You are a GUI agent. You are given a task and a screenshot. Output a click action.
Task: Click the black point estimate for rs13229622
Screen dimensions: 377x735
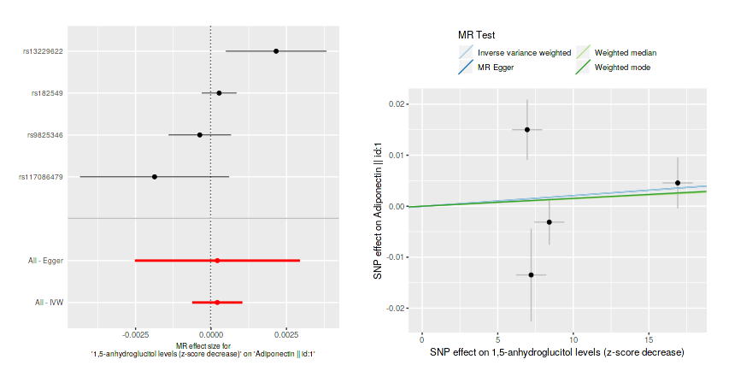pyautogui.click(x=276, y=51)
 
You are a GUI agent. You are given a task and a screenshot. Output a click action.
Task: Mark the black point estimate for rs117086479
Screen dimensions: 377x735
pyautogui.click(x=155, y=177)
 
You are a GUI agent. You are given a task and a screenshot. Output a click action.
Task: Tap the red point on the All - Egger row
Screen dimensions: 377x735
pyautogui.click(x=217, y=261)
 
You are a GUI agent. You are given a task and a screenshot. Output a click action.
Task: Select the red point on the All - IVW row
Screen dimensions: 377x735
pyautogui.click(x=217, y=303)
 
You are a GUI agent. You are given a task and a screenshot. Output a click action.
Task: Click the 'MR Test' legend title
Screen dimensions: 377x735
pyautogui.click(x=478, y=35)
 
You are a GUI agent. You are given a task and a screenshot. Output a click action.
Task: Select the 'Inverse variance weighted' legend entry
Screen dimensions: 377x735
pyautogui.click(x=524, y=53)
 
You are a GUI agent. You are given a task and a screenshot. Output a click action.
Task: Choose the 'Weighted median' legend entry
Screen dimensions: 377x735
pyautogui.click(x=626, y=53)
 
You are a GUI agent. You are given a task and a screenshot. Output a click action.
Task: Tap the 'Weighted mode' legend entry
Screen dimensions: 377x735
pyautogui.click(x=623, y=68)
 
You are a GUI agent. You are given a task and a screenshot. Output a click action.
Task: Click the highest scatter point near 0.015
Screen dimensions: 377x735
pyautogui.click(x=527, y=129)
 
